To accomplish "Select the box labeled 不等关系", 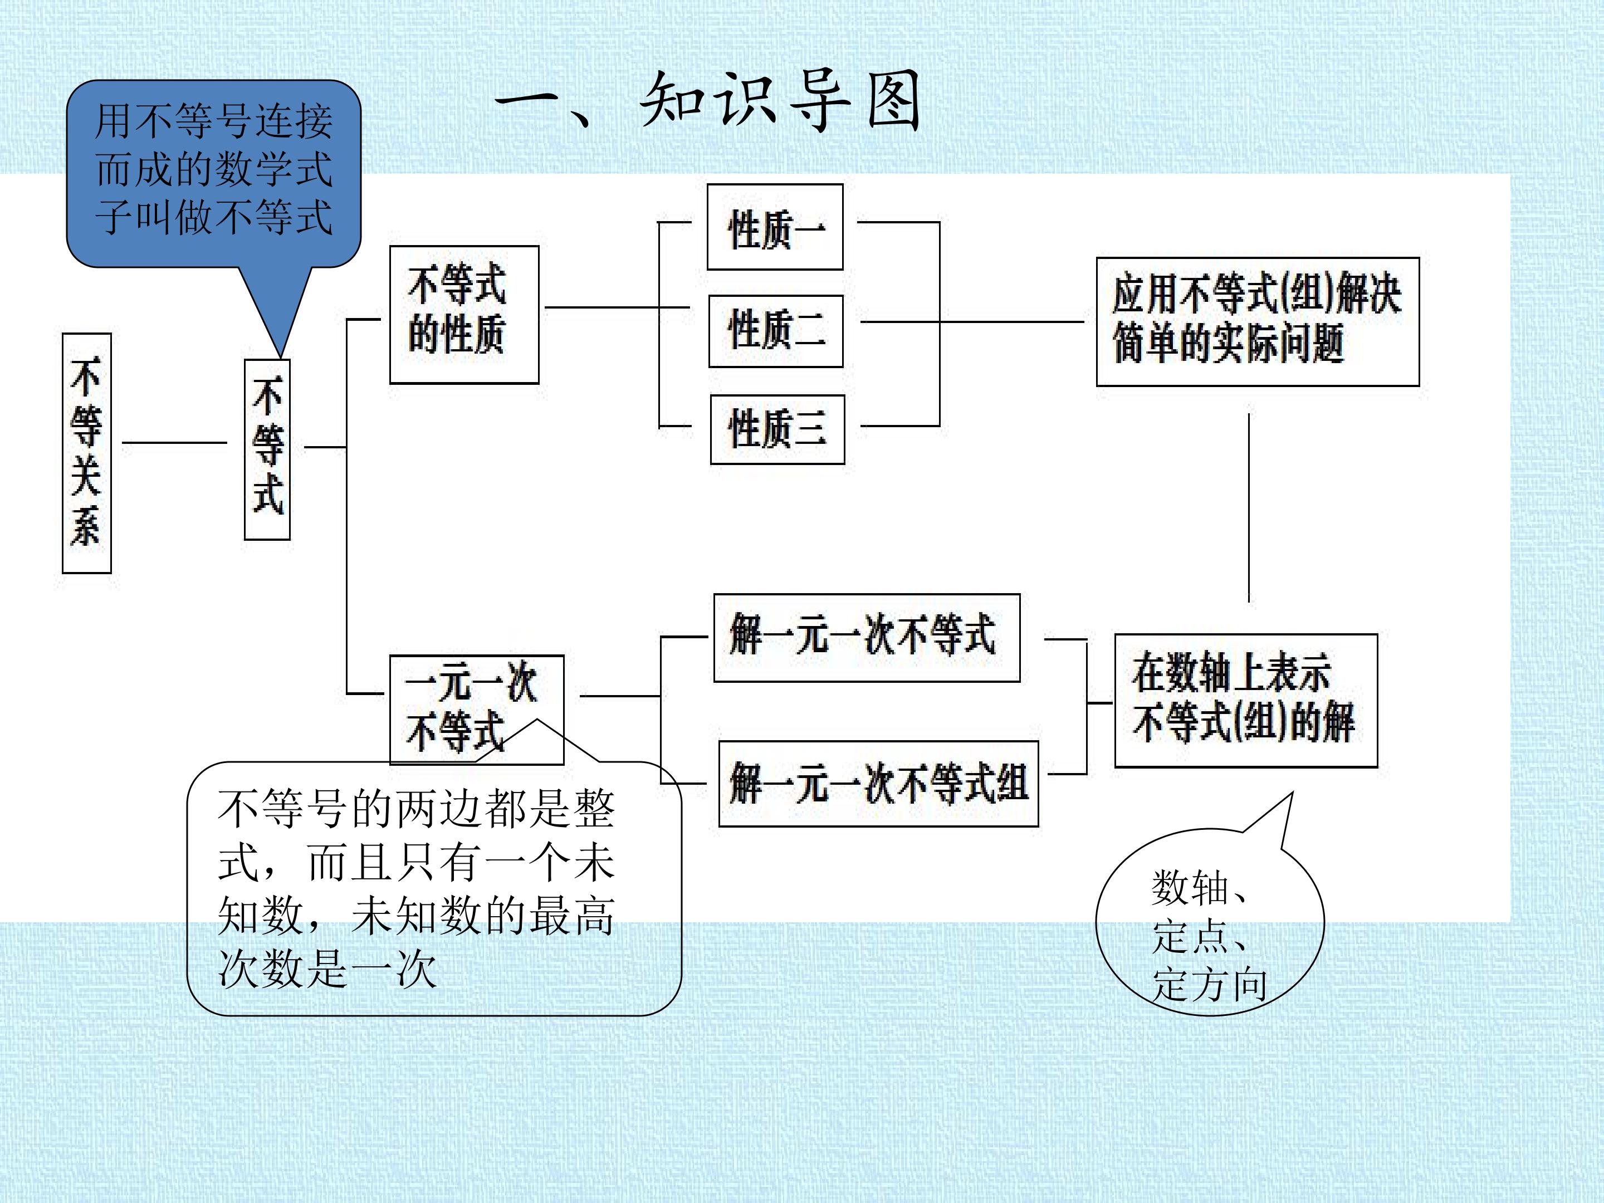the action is [86, 453].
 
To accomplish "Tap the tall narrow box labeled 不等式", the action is [267, 449].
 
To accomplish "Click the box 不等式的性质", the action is [464, 315].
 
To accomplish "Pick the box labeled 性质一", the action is [775, 227].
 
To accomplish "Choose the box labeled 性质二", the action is [776, 331].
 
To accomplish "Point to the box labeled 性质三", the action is [777, 429].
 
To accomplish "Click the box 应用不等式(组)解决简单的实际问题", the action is [1258, 321].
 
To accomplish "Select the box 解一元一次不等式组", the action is [878, 783].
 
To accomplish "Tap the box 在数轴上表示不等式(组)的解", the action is [1246, 701].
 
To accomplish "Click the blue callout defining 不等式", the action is [214, 174].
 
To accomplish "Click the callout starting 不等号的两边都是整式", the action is [434, 888].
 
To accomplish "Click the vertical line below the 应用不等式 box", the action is [1249, 507].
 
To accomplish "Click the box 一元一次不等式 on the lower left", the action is [476, 710].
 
